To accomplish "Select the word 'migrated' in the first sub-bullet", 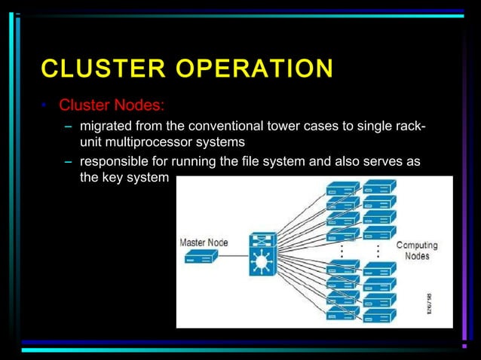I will [x=107, y=125].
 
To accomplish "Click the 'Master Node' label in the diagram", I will [x=204, y=243].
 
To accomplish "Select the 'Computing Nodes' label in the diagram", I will [x=417, y=251].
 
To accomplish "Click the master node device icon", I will [x=201, y=257].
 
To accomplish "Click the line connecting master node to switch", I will [x=234, y=258].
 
